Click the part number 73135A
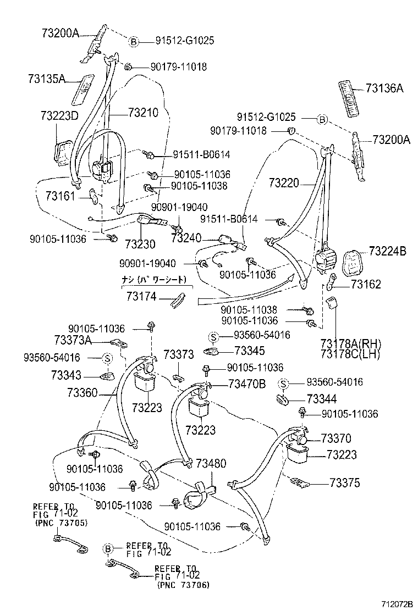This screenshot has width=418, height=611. tap(47, 79)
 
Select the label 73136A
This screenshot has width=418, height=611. tap(384, 88)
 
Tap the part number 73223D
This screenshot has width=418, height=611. tap(59, 116)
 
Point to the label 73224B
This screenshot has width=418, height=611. tap(388, 251)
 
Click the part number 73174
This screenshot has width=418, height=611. tap(141, 297)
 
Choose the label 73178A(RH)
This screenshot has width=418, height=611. tap(350, 343)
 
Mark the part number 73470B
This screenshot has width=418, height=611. tap(247, 384)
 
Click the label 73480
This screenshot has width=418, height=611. tap(211, 463)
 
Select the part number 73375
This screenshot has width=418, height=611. tap(345, 483)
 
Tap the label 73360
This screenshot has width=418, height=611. tap(82, 392)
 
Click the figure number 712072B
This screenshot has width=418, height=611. tap(397, 604)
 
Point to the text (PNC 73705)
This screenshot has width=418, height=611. tap(61, 523)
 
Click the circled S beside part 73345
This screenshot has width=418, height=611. tap(213, 336)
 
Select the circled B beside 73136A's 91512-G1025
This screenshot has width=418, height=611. tap(322, 120)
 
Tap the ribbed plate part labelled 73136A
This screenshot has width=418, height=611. tap(350, 98)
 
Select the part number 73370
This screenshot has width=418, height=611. tap(336, 438)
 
